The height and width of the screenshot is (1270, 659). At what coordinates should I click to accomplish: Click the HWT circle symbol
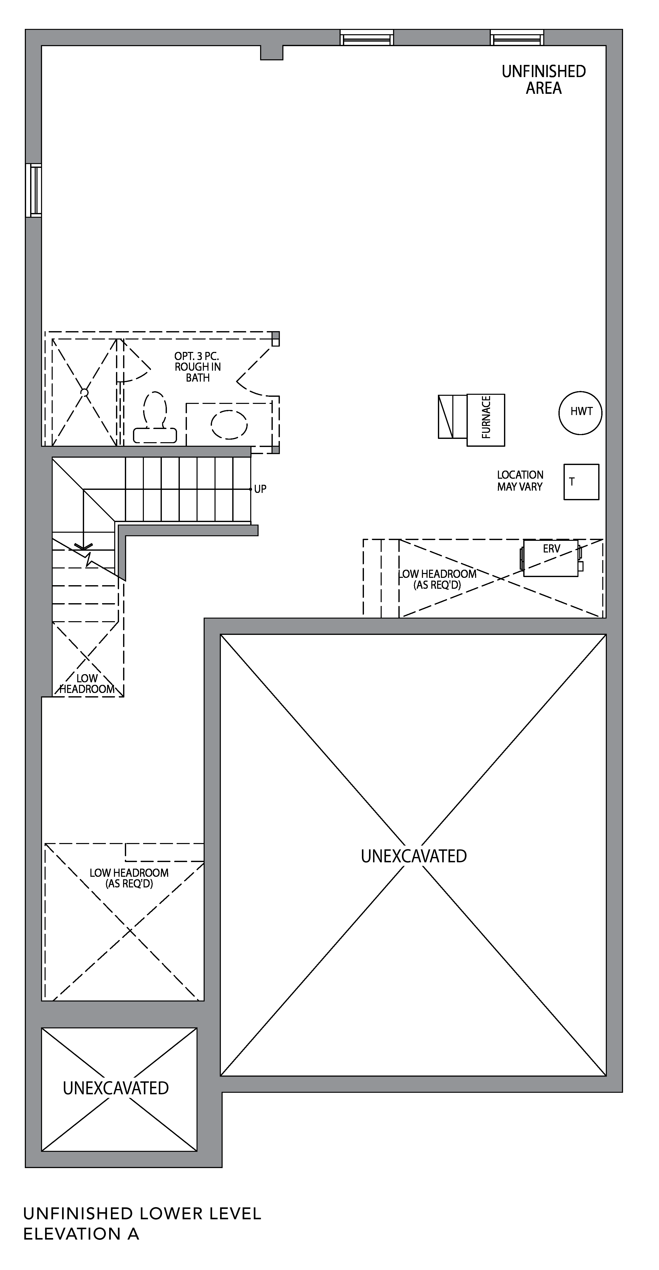coord(580,413)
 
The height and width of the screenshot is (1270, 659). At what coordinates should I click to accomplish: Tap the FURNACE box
coord(486,420)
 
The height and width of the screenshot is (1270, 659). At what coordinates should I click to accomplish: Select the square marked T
coord(581,482)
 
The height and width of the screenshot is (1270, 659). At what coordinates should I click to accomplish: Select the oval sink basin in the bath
coord(229,424)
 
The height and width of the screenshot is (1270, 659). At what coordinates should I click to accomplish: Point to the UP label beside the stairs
coord(260,489)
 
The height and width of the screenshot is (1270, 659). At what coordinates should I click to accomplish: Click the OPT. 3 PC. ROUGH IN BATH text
coord(198,367)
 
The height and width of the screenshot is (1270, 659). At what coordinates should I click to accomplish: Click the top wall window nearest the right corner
coord(517,38)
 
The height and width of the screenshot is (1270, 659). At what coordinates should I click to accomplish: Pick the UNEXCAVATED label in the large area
coord(414,856)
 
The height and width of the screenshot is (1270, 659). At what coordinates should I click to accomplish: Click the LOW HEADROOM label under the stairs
coord(87,683)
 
